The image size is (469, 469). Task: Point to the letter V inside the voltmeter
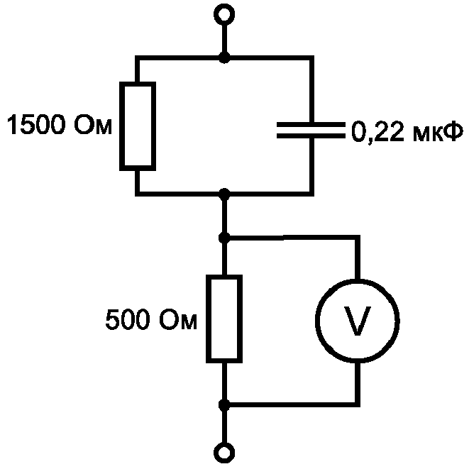tap(358, 321)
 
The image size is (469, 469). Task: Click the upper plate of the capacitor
tap(311, 124)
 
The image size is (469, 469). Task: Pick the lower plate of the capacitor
tap(311, 136)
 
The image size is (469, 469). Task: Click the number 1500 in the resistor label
tap(36, 124)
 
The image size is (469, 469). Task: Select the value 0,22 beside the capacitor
tap(377, 131)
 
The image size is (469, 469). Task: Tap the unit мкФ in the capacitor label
tap(438, 131)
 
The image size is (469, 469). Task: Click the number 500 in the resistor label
tap(128, 319)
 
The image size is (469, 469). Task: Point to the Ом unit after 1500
tap(93, 124)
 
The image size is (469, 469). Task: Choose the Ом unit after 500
tap(178, 319)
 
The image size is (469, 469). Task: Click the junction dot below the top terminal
tap(224, 57)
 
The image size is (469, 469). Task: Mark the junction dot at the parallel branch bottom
tap(224, 194)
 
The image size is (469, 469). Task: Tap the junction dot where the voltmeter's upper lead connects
tap(224, 238)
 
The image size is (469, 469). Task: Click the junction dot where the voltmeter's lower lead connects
tap(224, 405)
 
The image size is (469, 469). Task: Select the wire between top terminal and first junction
tap(224, 38)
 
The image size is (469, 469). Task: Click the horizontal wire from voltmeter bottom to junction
tap(292, 404)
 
